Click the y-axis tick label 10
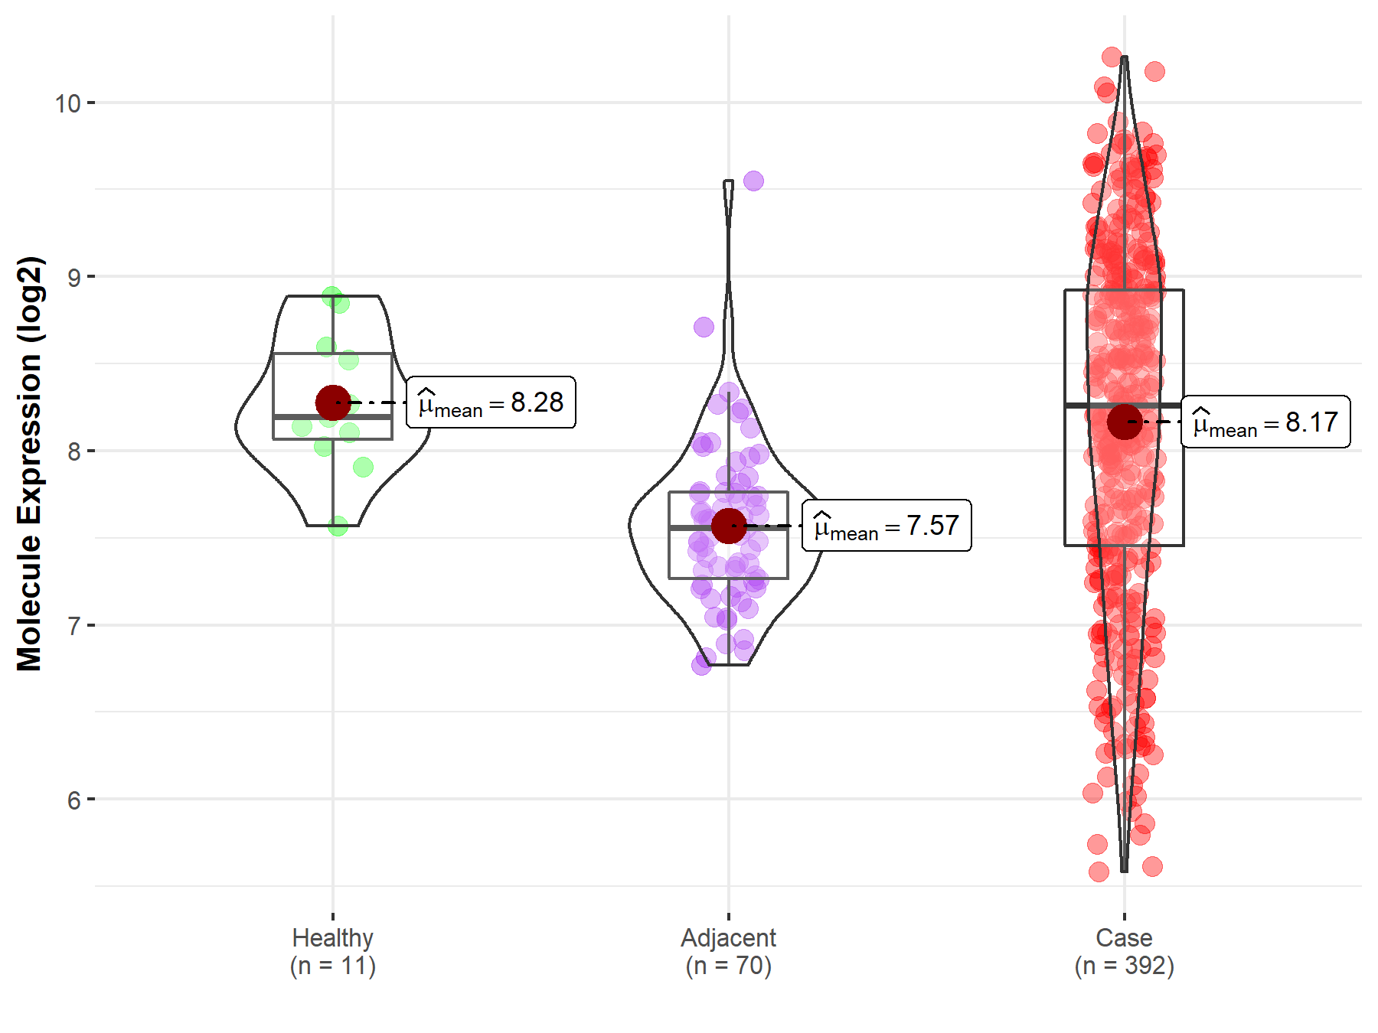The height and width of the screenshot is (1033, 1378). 67,103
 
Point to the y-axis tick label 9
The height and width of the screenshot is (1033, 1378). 73,277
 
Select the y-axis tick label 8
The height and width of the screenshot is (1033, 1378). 73,451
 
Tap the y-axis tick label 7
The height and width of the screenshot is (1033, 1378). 73,626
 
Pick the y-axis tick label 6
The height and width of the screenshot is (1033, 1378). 73,800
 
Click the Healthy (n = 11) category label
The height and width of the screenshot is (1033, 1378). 333,952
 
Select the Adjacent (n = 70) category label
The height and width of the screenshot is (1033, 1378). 728,952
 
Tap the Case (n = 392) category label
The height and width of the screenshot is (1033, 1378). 1124,952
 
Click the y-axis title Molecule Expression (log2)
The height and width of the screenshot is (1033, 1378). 29,464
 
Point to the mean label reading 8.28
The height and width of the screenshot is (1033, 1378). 491,402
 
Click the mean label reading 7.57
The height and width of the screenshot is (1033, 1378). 887,526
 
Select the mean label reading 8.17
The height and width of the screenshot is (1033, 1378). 1265,422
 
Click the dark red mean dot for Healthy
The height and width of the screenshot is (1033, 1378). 333,402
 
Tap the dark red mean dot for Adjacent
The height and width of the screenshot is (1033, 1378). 728,526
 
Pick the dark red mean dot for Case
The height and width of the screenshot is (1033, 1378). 1124,422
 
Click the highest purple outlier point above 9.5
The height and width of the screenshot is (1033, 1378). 753,181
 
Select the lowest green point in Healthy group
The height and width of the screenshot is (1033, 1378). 338,526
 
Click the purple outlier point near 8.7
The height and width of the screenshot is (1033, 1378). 704,327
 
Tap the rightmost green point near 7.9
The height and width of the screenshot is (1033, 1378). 363,467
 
